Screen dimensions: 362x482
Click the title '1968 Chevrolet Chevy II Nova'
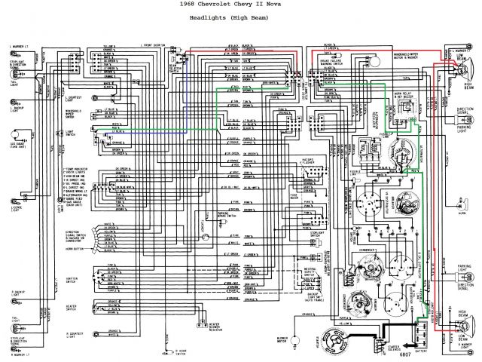coord(242,7)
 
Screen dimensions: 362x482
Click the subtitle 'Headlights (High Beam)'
coord(241,20)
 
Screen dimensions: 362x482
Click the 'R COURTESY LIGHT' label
coord(74,334)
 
